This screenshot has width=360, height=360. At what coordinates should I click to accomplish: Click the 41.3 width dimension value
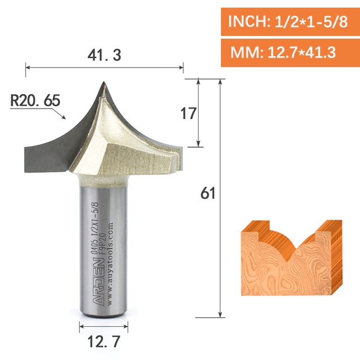(104, 55)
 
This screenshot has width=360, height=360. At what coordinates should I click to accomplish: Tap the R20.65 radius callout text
(35, 100)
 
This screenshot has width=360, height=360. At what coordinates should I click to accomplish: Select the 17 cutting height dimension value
(188, 113)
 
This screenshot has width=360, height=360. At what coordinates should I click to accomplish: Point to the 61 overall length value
(208, 193)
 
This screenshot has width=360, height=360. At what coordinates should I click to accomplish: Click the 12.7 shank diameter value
(103, 341)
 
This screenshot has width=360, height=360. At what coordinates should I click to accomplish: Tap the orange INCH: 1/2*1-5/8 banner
(290, 22)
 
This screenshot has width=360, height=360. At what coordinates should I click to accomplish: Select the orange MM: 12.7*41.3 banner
(290, 53)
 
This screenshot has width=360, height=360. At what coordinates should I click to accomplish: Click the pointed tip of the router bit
(103, 82)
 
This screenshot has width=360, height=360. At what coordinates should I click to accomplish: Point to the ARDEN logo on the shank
(99, 282)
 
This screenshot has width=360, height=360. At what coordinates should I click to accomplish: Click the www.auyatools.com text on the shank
(110, 263)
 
